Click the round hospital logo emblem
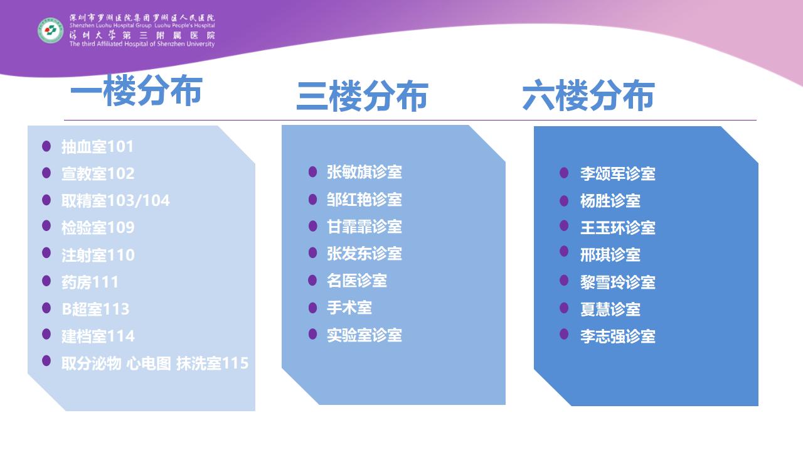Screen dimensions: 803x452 (x=51, y=31)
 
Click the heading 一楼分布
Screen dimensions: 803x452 (x=136, y=90)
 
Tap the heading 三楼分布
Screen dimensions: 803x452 (x=362, y=96)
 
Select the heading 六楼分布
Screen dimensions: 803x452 (x=588, y=95)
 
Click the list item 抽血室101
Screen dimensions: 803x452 (x=97, y=147)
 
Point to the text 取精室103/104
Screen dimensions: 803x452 (x=115, y=200)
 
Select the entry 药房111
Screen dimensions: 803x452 (x=90, y=282)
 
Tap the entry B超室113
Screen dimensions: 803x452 (x=95, y=309)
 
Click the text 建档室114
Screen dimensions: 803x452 (x=98, y=336)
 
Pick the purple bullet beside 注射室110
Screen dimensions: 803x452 (x=46, y=253)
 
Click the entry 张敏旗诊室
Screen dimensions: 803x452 (x=364, y=172)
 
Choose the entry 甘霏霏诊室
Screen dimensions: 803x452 (x=364, y=227)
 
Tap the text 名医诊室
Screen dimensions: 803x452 (x=357, y=281)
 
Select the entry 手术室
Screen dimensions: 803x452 (x=349, y=308)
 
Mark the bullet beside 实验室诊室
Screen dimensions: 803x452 (x=312, y=334)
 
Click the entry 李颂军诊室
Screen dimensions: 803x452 (x=618, y=174)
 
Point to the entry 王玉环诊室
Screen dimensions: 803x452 (x=618, y=228)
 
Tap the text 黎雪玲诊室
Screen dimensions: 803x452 (x=618, y=282)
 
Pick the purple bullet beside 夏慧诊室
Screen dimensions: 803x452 (x=564, y=308)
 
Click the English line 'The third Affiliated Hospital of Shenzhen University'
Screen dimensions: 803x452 (x=142, y=44)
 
